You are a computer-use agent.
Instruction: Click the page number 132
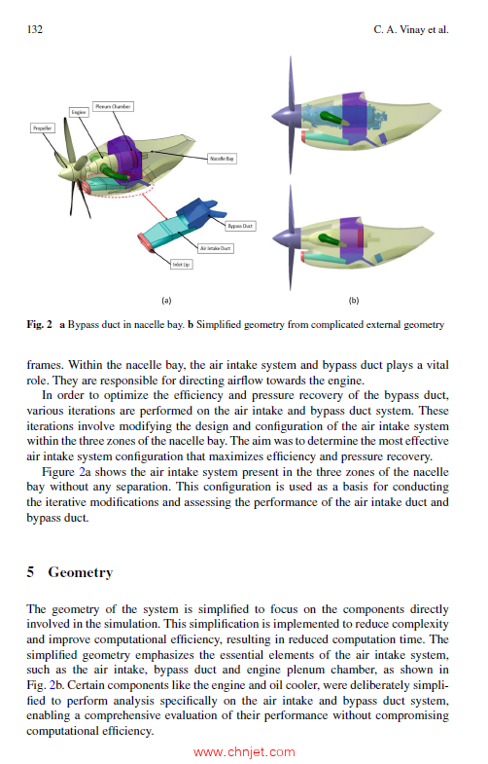pos(35,30)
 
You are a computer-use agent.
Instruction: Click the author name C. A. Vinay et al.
pos(411,30)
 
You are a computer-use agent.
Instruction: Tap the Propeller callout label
pos(43,128)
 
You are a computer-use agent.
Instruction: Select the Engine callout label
pos(79,112)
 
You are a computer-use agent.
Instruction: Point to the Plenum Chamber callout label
pos(113,106)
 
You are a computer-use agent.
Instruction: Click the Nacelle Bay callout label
pos(222,159)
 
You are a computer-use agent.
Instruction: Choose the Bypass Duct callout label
pos(240,226)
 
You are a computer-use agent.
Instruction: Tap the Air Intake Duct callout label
pos(216,248)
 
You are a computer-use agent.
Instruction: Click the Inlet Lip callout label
pos(181,265)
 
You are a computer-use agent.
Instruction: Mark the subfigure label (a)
pos(166,301)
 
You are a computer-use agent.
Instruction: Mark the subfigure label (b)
pos(354,301)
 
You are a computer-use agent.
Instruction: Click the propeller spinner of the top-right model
pos(283,115)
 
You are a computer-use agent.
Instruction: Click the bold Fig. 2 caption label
pos(40,324)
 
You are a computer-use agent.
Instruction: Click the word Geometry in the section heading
pos(81,572)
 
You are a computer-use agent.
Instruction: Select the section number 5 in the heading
pos(30,572)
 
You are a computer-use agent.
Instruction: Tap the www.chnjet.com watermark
pos(244,752)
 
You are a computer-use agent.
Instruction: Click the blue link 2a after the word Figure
pos(85,472)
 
